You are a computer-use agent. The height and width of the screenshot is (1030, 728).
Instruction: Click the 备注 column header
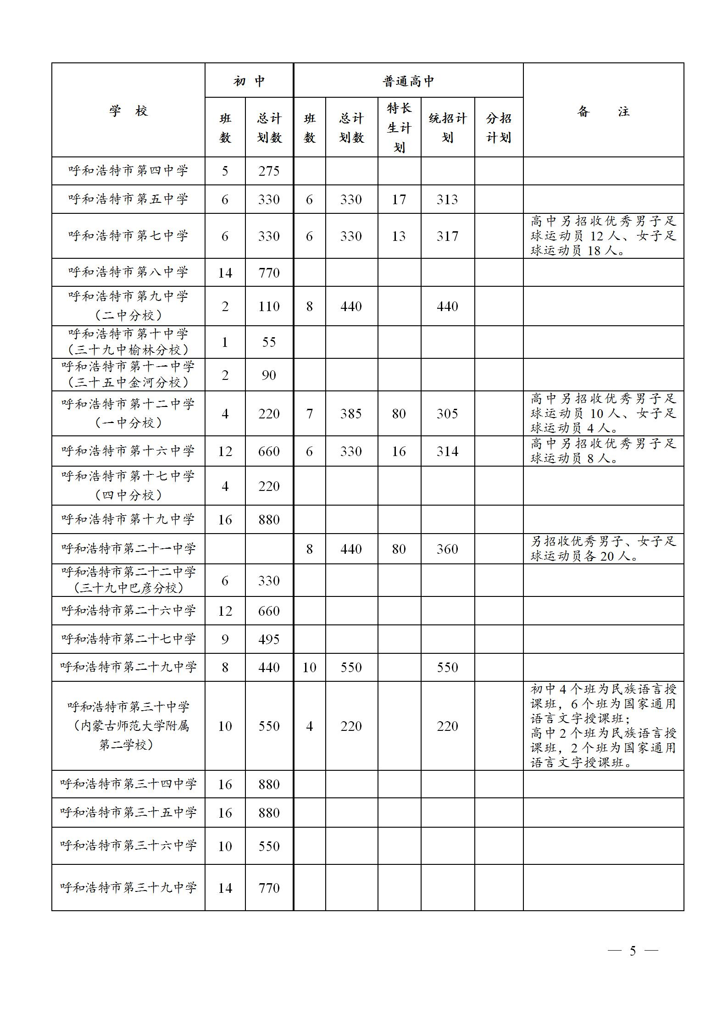[x=603, y=111]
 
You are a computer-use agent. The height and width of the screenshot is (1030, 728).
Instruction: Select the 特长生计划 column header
[x=399, y=128]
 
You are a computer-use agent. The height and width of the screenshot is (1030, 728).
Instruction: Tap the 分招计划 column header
[x=499, y=128]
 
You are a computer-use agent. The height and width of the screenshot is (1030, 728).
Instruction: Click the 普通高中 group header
[x=408, y=81]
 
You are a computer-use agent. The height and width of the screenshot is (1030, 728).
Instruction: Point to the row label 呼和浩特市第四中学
[x=128, y=171]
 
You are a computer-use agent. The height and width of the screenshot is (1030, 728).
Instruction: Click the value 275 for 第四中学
[x=269, y=171]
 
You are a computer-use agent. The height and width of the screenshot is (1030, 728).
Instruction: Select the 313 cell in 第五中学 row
[x=447, y=200]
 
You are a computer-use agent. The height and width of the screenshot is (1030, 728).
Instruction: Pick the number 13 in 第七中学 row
[x=399, y=236]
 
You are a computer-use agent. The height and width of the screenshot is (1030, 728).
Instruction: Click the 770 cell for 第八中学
[x=269, y=273]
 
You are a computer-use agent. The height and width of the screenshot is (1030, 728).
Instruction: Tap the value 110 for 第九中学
[x=269, y=306]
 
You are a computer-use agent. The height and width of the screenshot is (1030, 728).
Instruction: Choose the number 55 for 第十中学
[x=269, y=342]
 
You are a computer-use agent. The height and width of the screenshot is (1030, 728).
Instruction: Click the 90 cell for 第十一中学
[x=269, y=375]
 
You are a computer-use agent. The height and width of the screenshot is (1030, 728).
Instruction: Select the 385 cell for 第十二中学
[x=351, y=414]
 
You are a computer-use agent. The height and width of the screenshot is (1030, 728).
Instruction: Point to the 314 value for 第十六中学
[x=447, y=451]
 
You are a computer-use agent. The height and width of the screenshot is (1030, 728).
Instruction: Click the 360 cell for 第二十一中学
[x=447, y=549]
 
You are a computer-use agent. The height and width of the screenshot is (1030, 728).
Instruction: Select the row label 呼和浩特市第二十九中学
[x=128, y=667]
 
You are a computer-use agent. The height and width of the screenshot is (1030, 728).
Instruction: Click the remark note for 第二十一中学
[x=603, y=549]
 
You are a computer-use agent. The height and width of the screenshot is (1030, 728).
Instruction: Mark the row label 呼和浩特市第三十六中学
[x=128, y=846]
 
